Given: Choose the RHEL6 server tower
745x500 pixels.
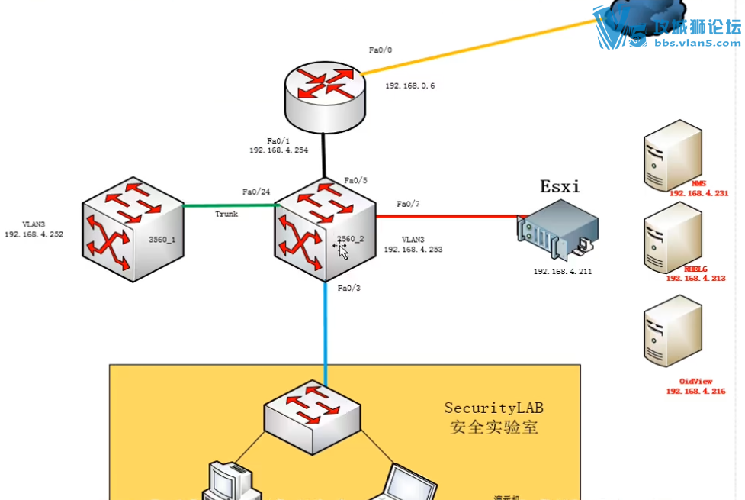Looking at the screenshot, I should pos(672,237).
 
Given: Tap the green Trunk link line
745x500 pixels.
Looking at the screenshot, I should pos(229,205).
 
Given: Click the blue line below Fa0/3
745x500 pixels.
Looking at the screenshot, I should pos(326,336).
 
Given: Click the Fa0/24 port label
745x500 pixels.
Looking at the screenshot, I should pos(256,192).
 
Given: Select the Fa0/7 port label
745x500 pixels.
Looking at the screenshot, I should pos(409,204).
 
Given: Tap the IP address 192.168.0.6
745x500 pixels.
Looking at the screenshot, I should pos(409,86).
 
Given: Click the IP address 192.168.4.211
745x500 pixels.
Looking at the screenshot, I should pos(564,271).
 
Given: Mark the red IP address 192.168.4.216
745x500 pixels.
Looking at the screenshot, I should pos(695,391).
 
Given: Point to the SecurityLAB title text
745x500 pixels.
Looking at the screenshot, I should pos(494,408).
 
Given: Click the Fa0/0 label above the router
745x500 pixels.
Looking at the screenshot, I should pos(381,50).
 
